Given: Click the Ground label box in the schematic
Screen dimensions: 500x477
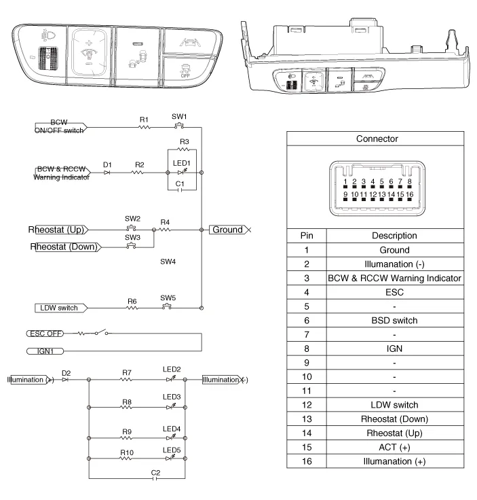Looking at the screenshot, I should pos(227,230).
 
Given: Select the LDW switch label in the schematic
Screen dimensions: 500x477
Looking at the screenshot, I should pos(58,308).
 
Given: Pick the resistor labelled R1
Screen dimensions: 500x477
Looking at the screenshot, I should pos(144,127).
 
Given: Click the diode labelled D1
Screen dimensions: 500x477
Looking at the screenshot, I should pos(107,173).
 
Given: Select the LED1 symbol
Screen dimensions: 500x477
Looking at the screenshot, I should pos(180,173).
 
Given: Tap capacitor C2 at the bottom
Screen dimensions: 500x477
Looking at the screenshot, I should pos(156,478).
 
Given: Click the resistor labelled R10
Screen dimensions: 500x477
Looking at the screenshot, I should pos(127,459).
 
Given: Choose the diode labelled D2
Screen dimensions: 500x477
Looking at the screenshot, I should pos(65,380).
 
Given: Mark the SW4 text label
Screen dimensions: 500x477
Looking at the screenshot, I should pos(168,261).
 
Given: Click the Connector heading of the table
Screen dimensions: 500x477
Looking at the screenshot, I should pos(377,139).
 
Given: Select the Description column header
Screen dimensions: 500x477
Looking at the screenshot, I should pos(394,236).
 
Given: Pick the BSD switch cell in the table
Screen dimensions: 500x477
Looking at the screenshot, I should pos(394,320).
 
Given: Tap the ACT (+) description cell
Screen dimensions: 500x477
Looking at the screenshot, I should pos(394,447).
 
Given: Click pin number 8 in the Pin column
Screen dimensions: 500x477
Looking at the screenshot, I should pos(307,349).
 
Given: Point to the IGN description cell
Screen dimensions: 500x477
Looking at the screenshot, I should pos(394,349).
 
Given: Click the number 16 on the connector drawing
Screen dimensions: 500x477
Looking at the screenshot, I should pos(409,195).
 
